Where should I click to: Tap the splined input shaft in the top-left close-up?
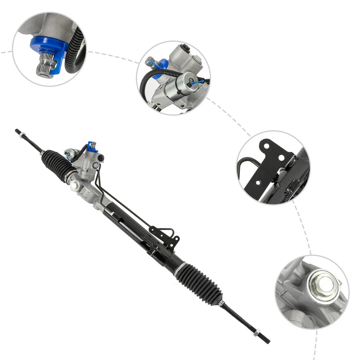46,65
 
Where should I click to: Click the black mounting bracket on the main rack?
165,236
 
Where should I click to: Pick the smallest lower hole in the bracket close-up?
257,183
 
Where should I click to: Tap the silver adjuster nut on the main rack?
75,184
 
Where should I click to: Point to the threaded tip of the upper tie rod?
17,131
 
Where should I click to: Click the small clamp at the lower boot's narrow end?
221,302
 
